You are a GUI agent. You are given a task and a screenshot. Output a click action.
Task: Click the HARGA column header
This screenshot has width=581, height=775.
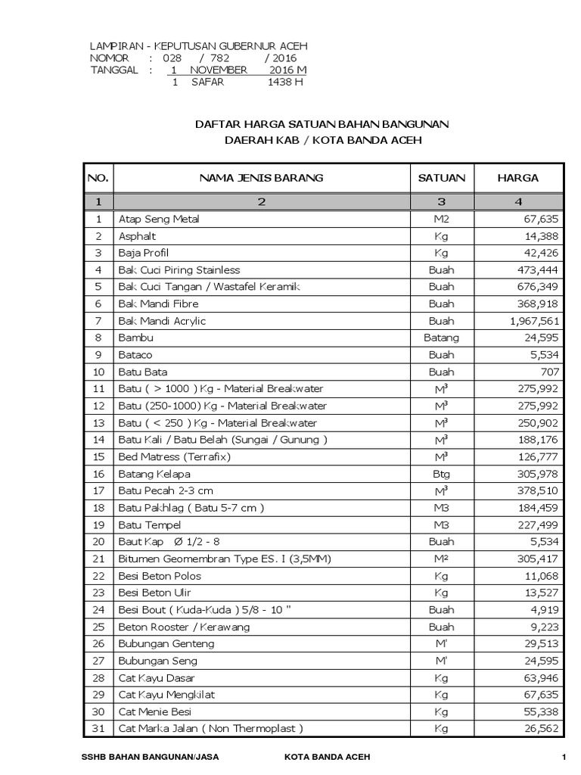[517, 178]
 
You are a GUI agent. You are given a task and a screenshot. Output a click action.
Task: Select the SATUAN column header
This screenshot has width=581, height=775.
[442, 178]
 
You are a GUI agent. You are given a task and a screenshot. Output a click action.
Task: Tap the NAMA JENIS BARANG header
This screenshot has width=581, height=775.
[261, 178]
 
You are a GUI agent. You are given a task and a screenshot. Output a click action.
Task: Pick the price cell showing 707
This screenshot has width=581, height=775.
[550, 372]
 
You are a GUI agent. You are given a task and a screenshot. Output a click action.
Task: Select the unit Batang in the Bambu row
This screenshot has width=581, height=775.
[442, 338]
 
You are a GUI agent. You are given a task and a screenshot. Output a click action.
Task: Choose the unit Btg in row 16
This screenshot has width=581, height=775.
[442, 474]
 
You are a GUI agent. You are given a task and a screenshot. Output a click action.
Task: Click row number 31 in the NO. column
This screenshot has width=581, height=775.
[98, 729]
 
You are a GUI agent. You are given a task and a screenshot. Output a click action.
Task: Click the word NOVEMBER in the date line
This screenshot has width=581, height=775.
[219, 70]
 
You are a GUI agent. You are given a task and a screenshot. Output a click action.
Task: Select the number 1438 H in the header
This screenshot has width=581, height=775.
[285, 82]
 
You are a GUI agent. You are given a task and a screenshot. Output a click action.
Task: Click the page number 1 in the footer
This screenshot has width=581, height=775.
[564, 758]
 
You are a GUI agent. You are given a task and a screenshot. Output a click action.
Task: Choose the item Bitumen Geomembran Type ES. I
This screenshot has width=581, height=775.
[214, 559]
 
